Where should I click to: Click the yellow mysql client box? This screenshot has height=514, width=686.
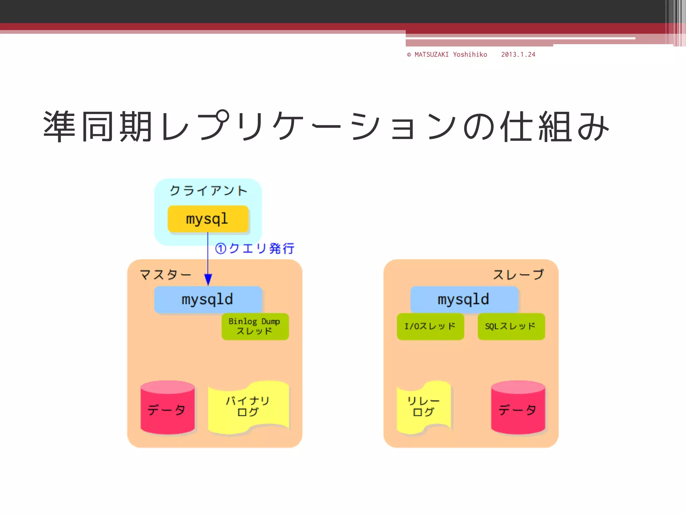208,219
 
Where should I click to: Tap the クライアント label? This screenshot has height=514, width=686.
208,191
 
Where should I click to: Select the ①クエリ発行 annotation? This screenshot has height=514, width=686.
255,248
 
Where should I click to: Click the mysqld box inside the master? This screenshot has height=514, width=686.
208,299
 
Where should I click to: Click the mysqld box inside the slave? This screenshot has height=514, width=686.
464,299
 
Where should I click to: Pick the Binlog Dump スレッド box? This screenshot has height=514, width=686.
255,326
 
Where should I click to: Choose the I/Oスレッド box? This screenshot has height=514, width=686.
430,326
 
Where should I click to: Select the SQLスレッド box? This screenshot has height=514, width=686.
511,326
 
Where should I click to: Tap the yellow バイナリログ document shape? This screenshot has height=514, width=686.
248,407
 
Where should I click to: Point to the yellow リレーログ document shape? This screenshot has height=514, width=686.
424,407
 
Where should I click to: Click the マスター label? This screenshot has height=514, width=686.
165,275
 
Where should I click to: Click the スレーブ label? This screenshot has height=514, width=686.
519,275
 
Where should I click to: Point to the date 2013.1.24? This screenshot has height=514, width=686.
518,55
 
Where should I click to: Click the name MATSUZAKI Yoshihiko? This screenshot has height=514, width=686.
451,55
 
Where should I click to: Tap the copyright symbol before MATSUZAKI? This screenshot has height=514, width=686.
409,55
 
